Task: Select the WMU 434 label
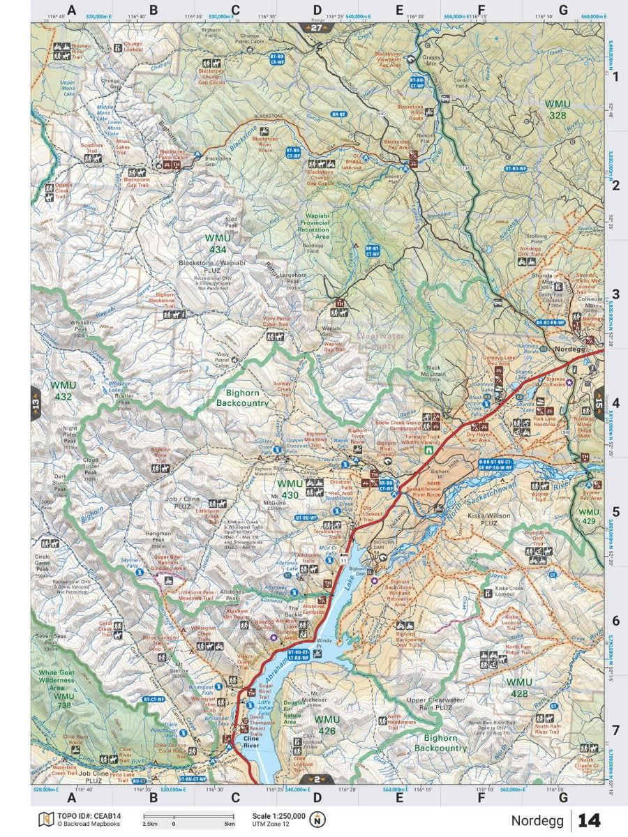pyautogui.click(x=216, y=243)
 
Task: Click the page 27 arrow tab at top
pyautogui.click(x=317, y=27)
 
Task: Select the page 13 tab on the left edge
pyautogui.click(x=36, y=404)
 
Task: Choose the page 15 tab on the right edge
pyautogui.click(x=598, y=402)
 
